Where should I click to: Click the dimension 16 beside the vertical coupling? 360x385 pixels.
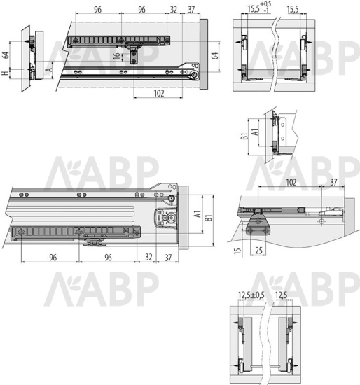(117, 55)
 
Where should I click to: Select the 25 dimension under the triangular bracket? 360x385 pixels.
(258, 251)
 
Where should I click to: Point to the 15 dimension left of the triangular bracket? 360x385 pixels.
(237, 251)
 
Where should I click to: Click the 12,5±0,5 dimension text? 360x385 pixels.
(251, 295)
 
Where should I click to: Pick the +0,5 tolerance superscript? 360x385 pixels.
(265, 4)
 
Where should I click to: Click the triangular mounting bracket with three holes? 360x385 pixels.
(258, 225)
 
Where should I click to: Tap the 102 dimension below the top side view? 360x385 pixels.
(159, 94)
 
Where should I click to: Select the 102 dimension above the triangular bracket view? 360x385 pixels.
(291, 183)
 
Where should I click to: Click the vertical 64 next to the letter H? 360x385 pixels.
(6, 55)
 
